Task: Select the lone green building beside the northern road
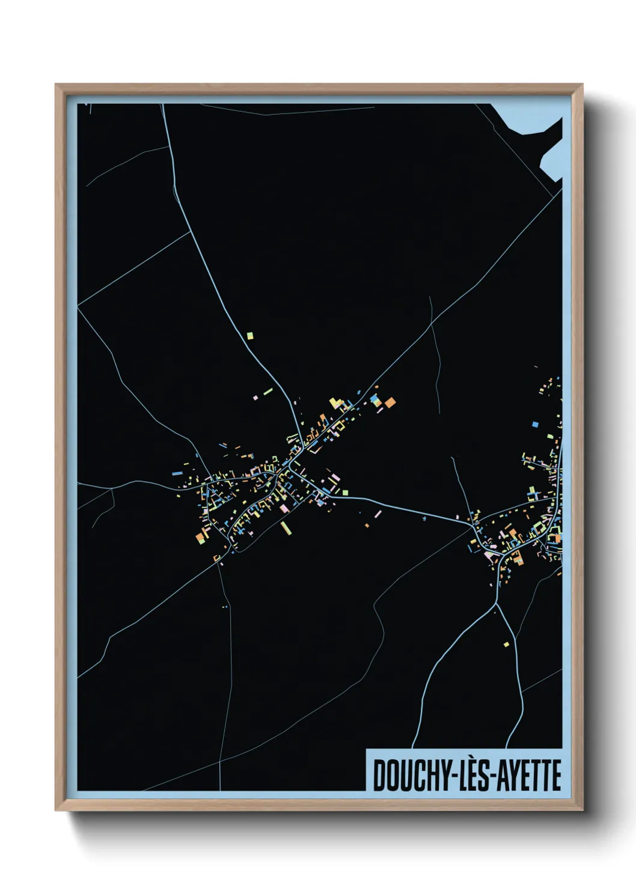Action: coord(250,336)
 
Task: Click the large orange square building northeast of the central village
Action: coord(390,401)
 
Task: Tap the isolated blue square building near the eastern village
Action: coord(535,424)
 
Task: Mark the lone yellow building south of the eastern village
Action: coord(506,645)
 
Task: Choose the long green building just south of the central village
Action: coord(286,527)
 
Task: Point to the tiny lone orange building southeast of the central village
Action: coord(367,526)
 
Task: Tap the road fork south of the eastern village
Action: coord(497,602)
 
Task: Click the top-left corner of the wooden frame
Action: coord(57,85)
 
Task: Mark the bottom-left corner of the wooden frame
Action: coord(57,809)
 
